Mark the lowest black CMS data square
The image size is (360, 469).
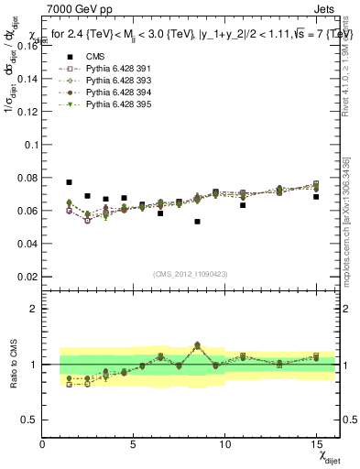(197, 222)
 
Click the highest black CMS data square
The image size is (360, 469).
(69, 182)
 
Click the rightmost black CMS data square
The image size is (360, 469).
(316, 197)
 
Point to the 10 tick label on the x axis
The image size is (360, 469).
(224, 443)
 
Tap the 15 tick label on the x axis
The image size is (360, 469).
(316, 443)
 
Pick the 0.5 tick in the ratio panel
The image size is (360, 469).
(30, 420)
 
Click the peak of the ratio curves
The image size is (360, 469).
(197, 344)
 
